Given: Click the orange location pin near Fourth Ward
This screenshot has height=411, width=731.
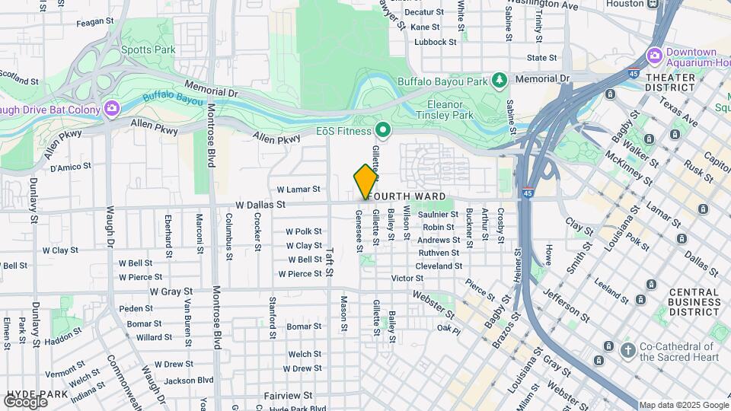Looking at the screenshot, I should (365, 181).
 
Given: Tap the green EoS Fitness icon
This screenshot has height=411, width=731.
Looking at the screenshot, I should (385, 132).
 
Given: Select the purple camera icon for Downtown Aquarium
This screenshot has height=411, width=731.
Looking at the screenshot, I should (654, 56).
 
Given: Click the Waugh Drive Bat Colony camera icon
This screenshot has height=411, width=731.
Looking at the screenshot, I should (112, 110).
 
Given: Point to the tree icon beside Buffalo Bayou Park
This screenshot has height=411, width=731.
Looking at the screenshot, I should (499, 80).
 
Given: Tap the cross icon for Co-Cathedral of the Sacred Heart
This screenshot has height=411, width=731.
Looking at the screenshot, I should (627, 350).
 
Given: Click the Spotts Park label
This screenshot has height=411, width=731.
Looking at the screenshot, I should (148, 50).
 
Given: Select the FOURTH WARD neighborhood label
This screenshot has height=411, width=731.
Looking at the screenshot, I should (407, 196).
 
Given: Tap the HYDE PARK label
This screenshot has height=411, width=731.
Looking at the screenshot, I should (37, 394).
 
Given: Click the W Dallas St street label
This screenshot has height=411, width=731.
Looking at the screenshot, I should (260, 205).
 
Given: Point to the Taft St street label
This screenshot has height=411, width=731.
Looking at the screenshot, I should (330, 253).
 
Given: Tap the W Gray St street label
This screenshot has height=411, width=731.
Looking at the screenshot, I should (171, 292).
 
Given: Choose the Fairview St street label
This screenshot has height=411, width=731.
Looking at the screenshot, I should (288, 396).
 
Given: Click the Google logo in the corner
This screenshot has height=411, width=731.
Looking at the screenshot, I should (25, 401).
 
